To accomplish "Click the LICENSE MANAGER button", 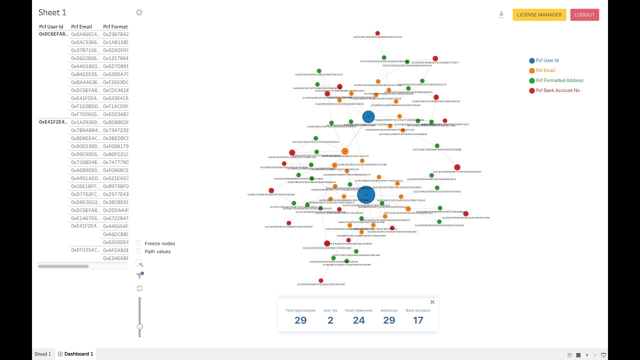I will click(x=539, y=15).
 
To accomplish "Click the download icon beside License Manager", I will click(x=501, y=15).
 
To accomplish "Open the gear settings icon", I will click(x=139, y=12).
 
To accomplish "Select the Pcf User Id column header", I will click(x=51, y=26).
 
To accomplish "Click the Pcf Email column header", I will click(x=81, y=26).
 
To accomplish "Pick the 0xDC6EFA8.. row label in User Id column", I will click(x=53, y=34).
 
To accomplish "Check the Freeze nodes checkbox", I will click(x=138, y=243).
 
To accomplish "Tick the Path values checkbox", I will click(x=138, y=251).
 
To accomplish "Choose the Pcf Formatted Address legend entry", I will click(x=559, y=80).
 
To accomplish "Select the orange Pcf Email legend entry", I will click(x=545, y=70).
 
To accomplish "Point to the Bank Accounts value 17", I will click(x=418, y=320).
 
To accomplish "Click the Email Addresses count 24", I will click(x=359, y=320).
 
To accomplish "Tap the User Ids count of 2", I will click(x=330, y=320).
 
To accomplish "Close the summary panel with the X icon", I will click(x=432, y=302).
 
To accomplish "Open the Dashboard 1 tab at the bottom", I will click(x=75, y=354).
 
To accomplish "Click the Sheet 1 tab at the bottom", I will click(x=42, y=354).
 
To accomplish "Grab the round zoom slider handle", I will click(x=139, y=326).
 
